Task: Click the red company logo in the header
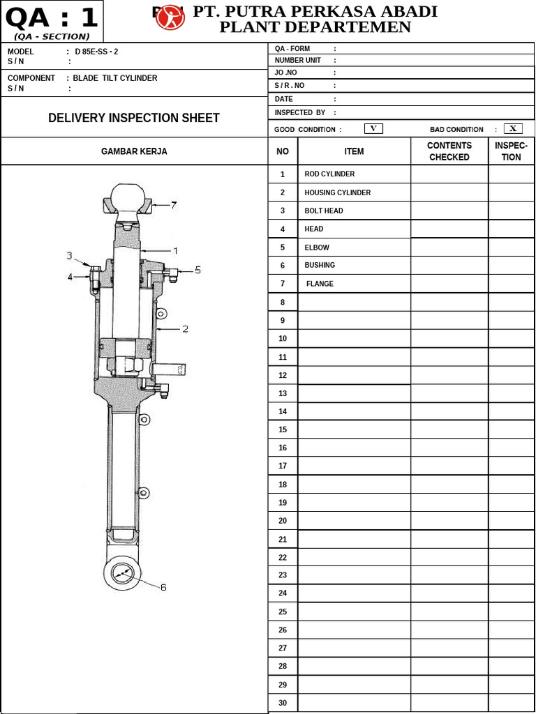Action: coord(170,18)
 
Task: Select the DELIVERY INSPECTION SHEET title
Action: coord(134,118)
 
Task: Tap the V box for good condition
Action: coord(373,128)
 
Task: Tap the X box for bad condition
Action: coord(513,128)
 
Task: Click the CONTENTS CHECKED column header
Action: coord(449,151)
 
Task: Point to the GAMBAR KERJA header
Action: coord(134,151)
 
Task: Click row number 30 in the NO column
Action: coord(283,703)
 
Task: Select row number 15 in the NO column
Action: coord(283,430)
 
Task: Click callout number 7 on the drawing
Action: coord(174,205)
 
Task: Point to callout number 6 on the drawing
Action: coord(163,587)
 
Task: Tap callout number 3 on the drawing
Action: coord(70,256)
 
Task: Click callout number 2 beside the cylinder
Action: coord(185,329)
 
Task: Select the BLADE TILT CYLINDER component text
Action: coord(115,78)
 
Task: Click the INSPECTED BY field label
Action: coord(300,112)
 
